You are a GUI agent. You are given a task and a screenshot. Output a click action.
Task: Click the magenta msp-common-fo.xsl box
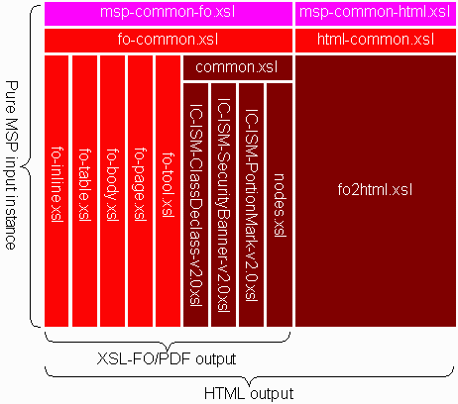tap(169, 14)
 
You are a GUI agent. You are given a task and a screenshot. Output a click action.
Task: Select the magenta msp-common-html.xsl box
tap(376, 14)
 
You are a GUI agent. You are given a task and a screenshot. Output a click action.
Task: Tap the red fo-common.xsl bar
tap(169, 41)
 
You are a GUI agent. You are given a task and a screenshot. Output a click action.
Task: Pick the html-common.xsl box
tap(376, 41)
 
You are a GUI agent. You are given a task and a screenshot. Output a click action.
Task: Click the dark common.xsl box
tap(238, 67)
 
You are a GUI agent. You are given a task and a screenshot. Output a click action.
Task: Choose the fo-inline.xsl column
tap(57, 191)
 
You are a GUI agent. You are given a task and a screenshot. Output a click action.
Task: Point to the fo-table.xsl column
tap(84, 191)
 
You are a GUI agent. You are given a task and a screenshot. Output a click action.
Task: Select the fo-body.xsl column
tap(112, 191)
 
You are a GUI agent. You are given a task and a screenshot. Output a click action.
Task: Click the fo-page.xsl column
tap(140, 191)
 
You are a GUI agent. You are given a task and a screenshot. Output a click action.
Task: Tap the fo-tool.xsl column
tap(168, 191)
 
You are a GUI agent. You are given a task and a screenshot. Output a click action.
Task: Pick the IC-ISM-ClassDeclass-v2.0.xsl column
tap(195, 205)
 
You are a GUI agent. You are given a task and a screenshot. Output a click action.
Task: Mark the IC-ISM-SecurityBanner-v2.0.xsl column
tap(223, 205)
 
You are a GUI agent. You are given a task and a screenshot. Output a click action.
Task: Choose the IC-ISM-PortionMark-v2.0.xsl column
tap(251, 205)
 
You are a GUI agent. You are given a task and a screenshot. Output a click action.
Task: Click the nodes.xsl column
tap(280, 205)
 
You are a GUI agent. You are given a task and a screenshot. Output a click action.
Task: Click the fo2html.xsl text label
tap(375, 190)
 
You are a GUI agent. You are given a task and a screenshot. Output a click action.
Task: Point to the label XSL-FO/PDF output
tap(167, 358)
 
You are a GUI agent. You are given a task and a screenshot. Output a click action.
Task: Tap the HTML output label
tap(249, 394)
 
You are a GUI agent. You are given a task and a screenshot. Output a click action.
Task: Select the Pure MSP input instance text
tap(11, 165)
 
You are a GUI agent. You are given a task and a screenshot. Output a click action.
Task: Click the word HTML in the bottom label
tap(225, 394)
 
